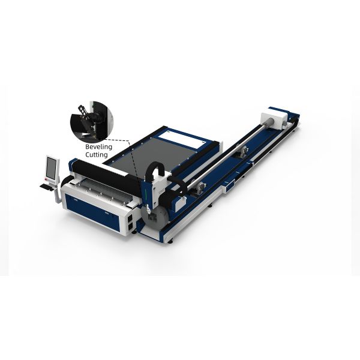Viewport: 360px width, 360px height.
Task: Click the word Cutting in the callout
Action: click(95, 154)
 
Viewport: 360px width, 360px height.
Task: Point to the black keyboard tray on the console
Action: click(46, 186)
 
